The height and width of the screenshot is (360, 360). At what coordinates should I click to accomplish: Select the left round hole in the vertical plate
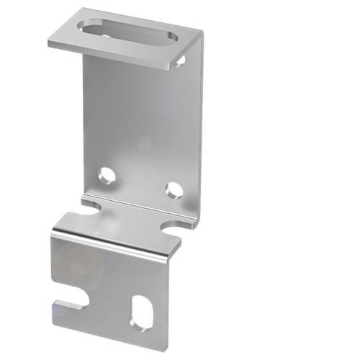107,174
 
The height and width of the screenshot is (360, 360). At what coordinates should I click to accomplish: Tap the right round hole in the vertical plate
173,189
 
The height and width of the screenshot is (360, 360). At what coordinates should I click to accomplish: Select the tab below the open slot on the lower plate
68,305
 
